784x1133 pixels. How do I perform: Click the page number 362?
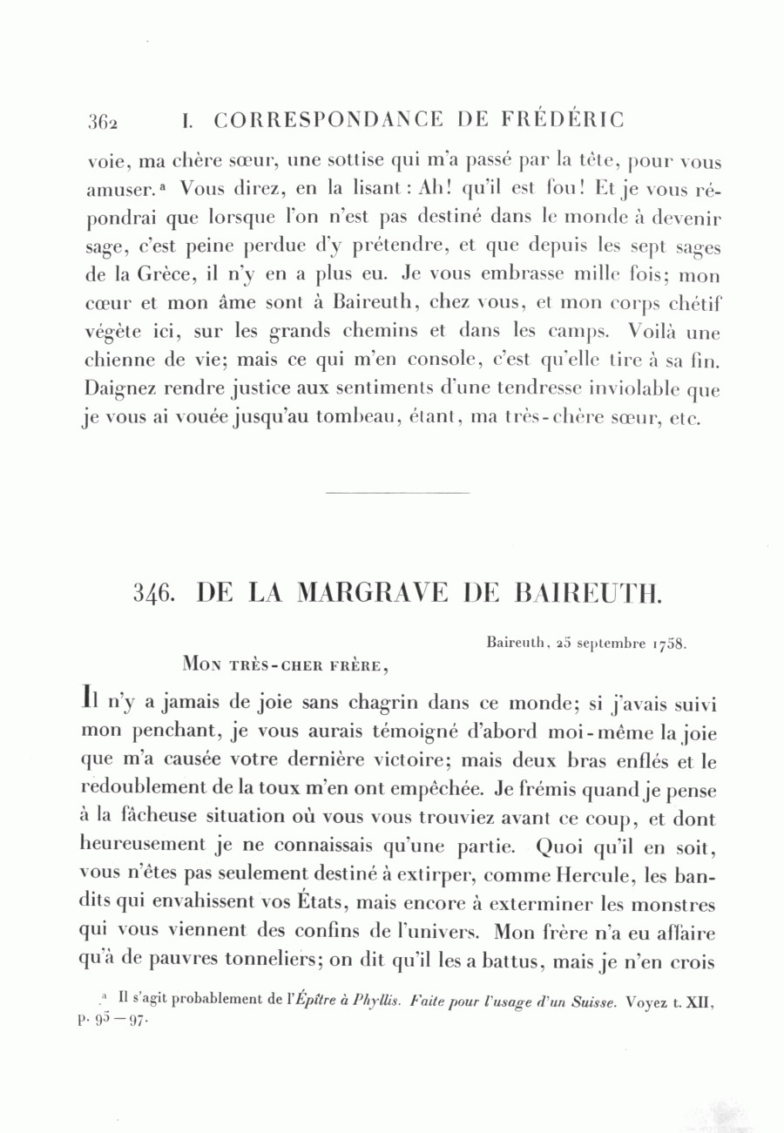click(102, 121)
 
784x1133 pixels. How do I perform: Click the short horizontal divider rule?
click(396, 493)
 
